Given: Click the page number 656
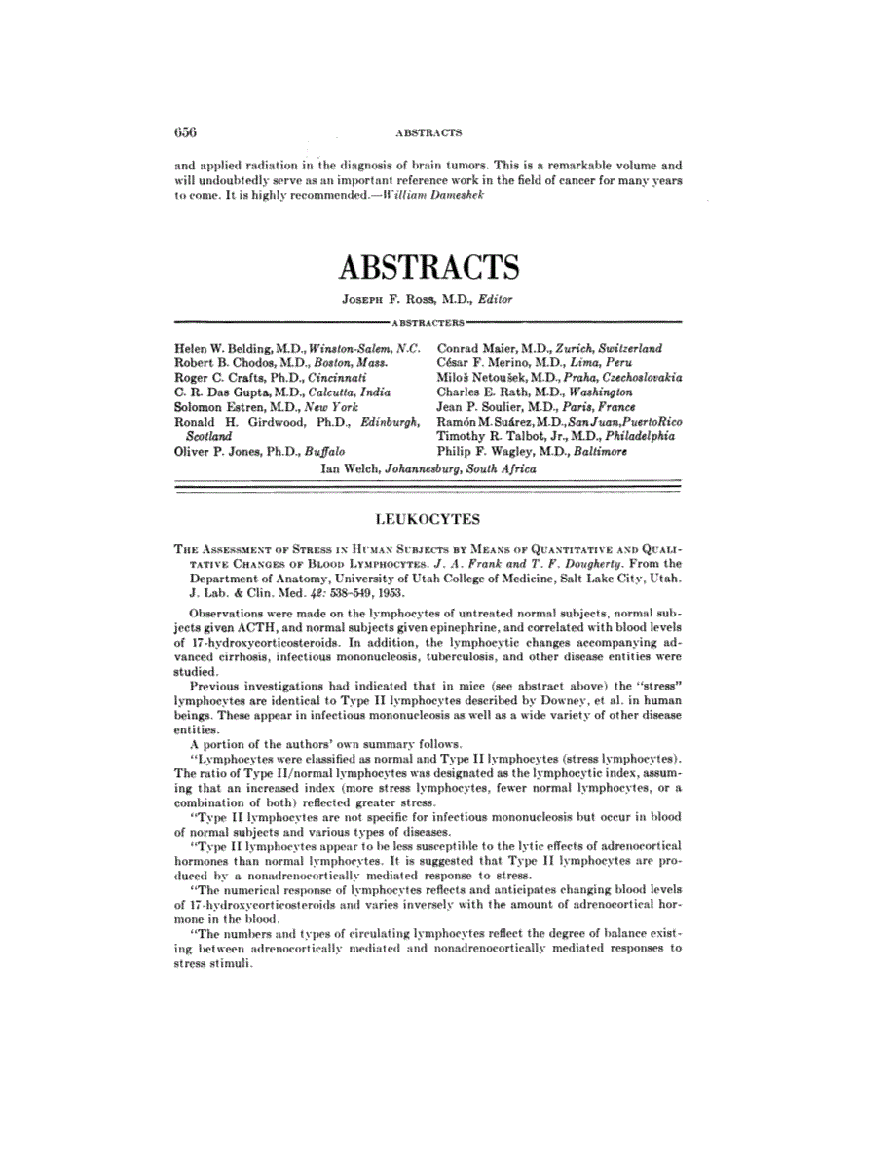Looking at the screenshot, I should (185, 131).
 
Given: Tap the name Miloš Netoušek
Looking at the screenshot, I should (477, 377).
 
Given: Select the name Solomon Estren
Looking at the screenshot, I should (212, 406).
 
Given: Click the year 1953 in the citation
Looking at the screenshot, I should (387, 592).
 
